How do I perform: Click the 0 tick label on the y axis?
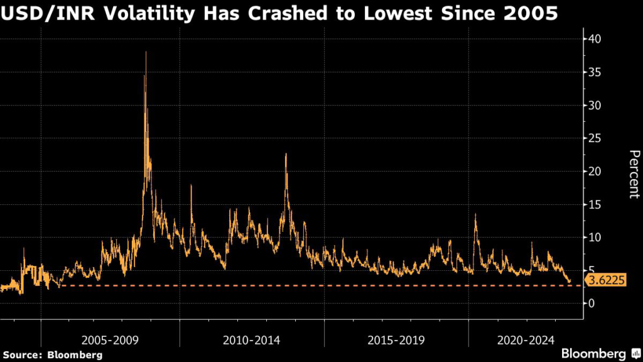pos(590,303)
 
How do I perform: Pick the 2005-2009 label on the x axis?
pos(111,340)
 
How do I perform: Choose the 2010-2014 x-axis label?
pos(252,340)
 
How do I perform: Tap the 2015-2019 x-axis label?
pos(396,340)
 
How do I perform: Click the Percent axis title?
pos(634,175)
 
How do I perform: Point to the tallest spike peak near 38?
pos(146,52)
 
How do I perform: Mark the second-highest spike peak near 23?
pos(286,154)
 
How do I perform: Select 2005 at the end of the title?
pos(531,14)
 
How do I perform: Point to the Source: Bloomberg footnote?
pos(51,354)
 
